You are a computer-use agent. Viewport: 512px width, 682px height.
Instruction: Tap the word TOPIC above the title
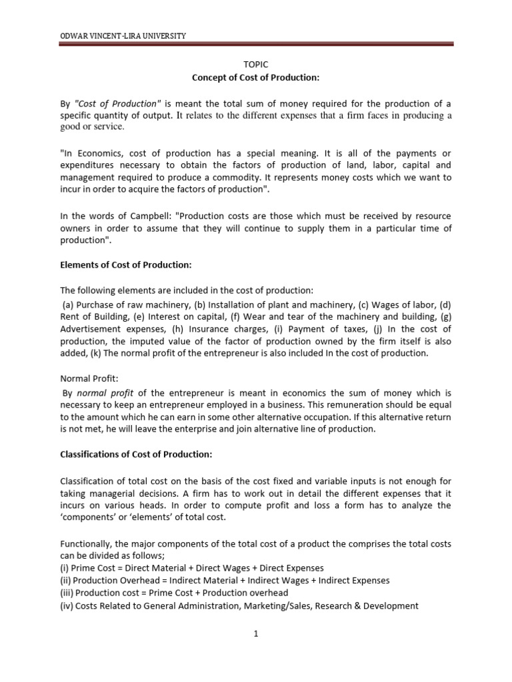257,65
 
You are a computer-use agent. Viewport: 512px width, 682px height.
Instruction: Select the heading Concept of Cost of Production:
257,78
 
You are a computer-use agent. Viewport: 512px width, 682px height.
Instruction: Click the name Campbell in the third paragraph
147,217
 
